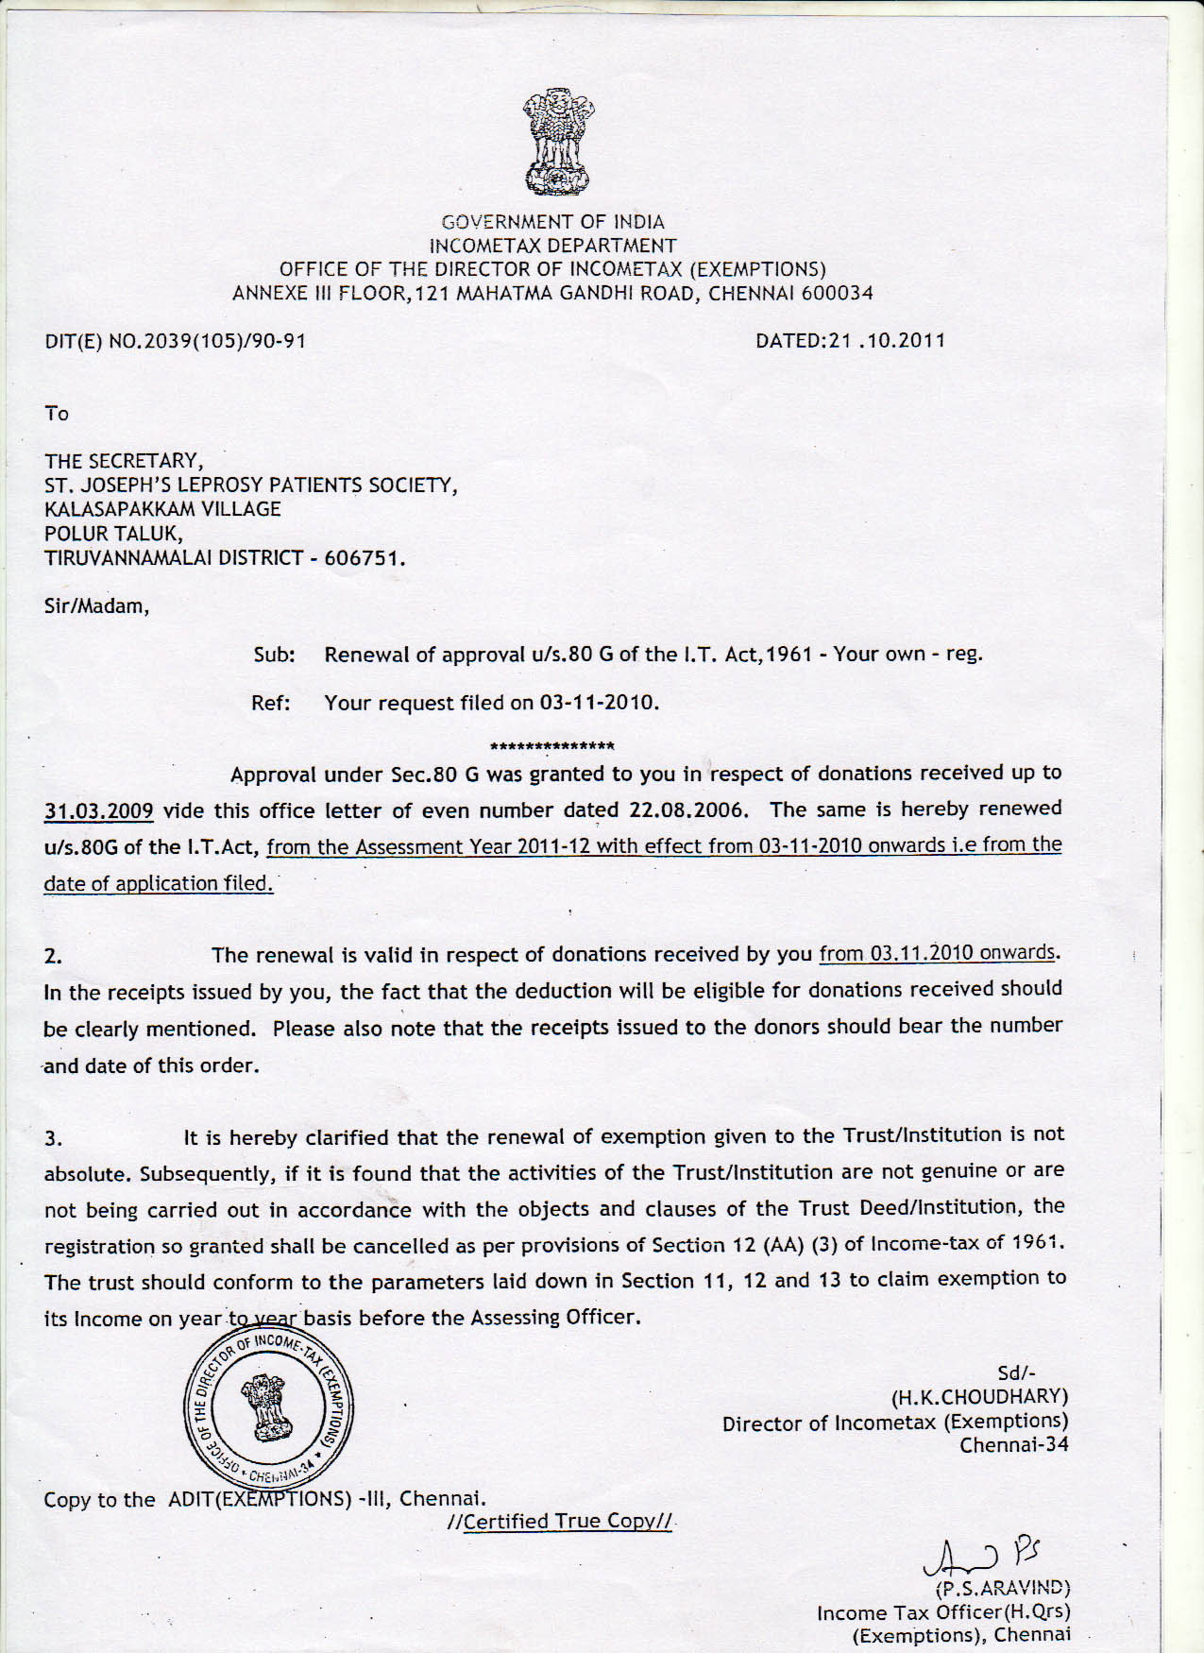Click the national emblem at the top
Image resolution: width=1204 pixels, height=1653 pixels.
(558, 142)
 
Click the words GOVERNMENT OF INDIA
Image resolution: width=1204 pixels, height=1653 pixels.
(553, 222)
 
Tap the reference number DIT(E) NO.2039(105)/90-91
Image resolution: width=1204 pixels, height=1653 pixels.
(176, 341)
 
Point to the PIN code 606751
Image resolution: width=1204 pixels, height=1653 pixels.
(364, 558)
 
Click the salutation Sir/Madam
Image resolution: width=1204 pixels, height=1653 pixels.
(96, 606)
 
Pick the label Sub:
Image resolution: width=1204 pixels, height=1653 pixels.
(274, 655)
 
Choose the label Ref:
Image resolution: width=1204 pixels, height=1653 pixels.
(271, 703)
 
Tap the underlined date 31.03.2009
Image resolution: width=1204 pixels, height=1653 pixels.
(98, 811)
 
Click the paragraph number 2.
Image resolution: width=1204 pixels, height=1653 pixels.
(54, 956)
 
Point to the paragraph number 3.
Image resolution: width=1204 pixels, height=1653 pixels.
(54, 1139)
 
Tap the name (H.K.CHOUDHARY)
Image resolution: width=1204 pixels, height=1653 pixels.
(979, 1397)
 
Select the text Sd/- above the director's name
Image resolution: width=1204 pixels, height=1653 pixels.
(1016, 1373)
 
